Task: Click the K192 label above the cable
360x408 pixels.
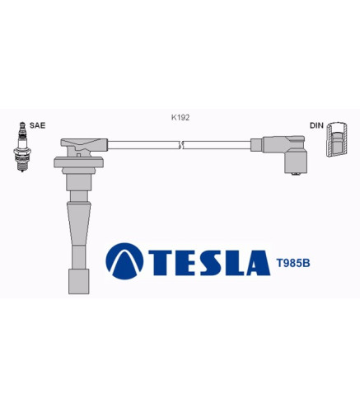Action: [180, 118]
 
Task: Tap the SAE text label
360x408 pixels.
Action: [37, 125]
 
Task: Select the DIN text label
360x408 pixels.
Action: [316, 125]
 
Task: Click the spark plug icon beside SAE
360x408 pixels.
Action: [22, 147]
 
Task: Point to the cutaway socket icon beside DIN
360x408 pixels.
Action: [337, 139]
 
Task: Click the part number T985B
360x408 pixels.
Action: [293, 263]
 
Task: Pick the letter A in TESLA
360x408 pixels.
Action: [258, 263]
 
